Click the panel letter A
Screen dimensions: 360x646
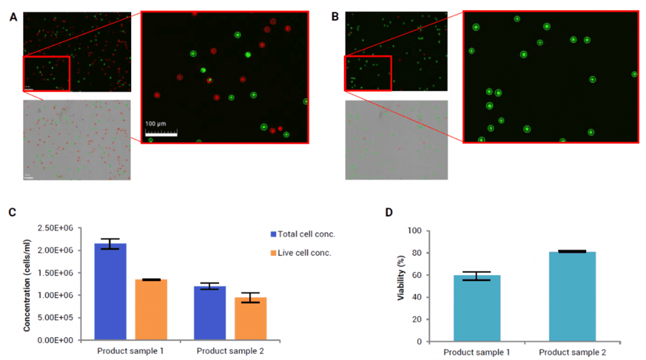click(13, 18)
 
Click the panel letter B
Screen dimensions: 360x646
click(335, 18)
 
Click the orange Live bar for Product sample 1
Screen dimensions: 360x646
click(151, 309)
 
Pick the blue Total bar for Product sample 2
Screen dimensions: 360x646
click(209, 313)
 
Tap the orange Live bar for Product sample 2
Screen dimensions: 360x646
click(250, 318)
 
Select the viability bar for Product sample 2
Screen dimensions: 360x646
click(572, 296)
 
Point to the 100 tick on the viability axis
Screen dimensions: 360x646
click(414, 231)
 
